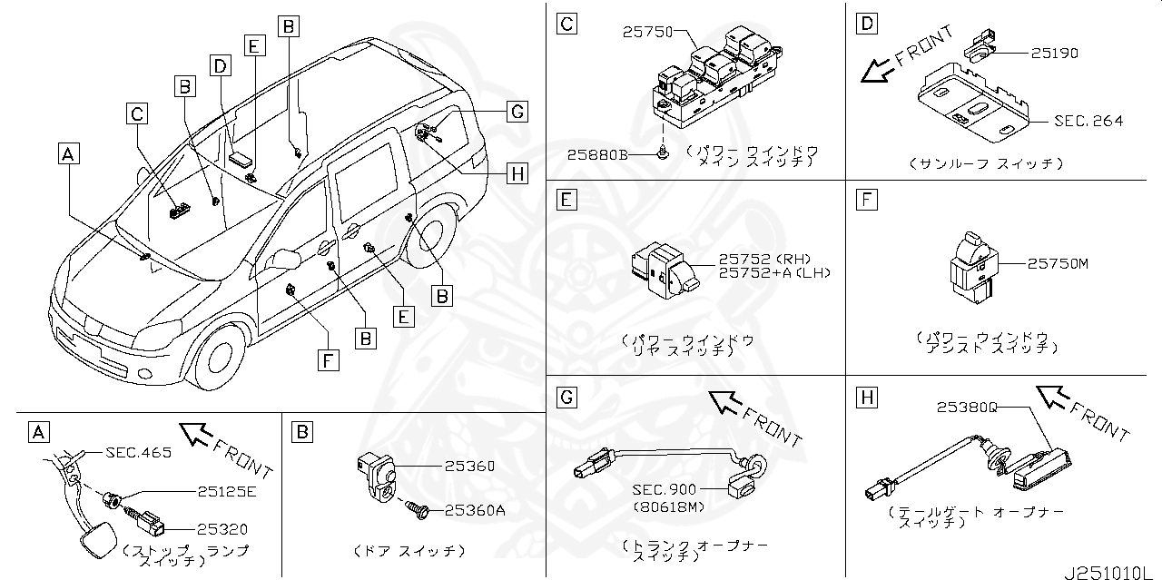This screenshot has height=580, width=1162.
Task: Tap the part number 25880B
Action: pos(597,154)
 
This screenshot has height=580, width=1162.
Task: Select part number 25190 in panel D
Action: pos(1054,54)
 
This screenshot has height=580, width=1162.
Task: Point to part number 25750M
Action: pos(1058,263)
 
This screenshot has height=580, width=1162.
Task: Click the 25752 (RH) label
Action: pos(763,258)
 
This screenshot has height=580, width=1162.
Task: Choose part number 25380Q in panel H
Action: pos(968,408)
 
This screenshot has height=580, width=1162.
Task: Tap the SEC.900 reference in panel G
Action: pos(667,490)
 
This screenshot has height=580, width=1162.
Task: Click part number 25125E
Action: pos(227,492)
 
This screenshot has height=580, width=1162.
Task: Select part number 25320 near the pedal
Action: pos(223,528)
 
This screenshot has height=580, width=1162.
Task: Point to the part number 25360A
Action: pos(475,510)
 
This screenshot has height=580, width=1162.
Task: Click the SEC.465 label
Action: pos(138,452)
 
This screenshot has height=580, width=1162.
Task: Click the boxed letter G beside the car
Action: pos(517,112)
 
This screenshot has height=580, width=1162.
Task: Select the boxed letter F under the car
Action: pos(330,360)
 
